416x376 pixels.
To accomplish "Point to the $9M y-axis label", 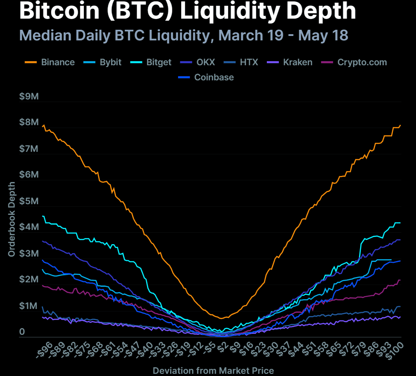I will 29,96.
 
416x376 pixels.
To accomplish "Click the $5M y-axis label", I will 29,201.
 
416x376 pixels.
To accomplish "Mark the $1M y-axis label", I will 29,306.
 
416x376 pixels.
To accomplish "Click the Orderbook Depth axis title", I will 12,219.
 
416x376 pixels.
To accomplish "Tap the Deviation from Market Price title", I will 213,370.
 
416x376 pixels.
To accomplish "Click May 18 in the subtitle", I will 327,35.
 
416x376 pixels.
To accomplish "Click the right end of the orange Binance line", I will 400,125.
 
